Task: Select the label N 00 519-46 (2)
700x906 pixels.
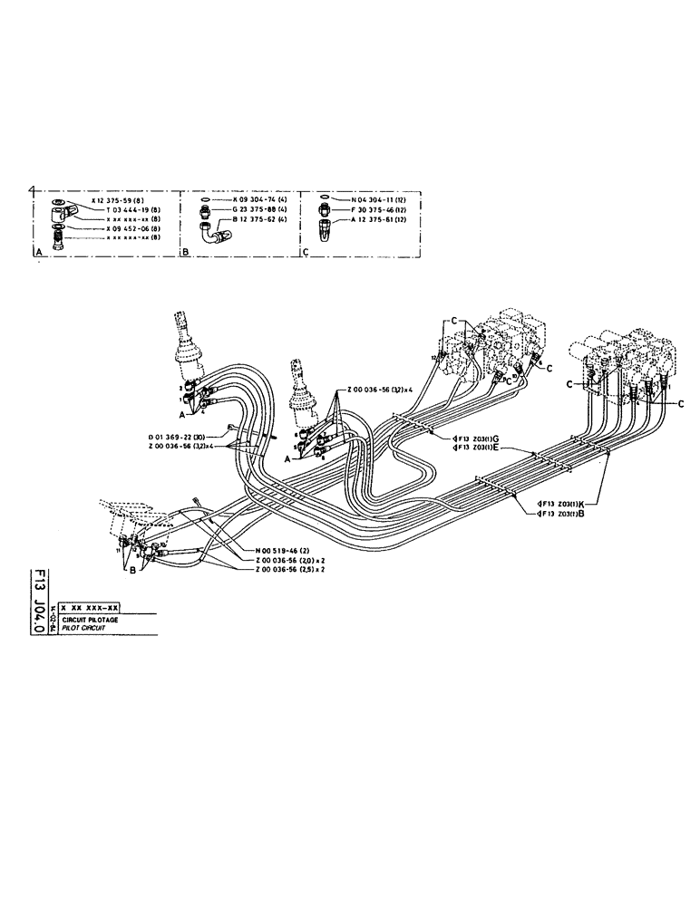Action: (x=277, y=551)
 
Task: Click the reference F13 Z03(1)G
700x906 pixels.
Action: (x=479, y=437)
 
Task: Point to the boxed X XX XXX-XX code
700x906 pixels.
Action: (x=91, y=609)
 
